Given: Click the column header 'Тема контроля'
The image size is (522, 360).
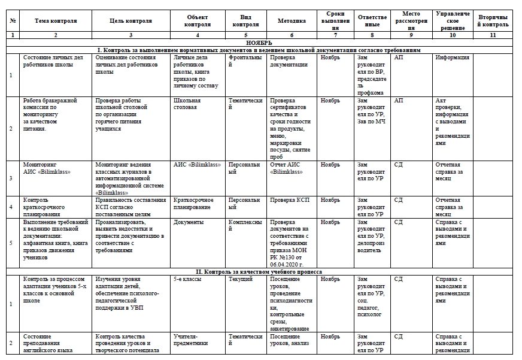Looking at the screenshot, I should (56, 20).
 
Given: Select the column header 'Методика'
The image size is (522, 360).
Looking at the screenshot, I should (292, 20).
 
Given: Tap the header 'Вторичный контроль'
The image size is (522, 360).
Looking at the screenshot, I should (493, 20).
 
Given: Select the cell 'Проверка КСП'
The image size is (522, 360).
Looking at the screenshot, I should (289, 199).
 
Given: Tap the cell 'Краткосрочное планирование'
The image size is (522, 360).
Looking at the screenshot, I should (192, 203).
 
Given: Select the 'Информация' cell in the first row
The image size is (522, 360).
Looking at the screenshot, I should (452, 58).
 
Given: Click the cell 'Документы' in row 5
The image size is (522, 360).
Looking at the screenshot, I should (188, 222).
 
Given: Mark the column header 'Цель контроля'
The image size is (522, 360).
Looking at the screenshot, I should (130, 20).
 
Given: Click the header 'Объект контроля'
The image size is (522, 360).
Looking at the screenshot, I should (198, 20).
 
